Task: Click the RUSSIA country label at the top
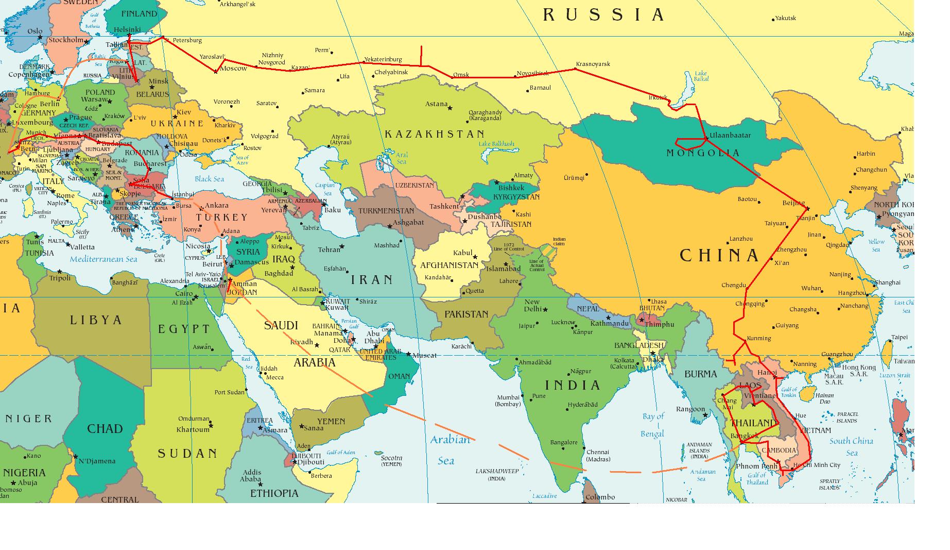point(603,15)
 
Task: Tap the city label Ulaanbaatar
point(730,136)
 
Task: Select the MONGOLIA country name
point(703,153)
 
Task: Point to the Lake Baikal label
point(701,76)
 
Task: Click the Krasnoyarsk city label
point(593,64)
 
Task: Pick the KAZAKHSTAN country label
point(435,134)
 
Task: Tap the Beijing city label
point(793,203)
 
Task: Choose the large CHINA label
point(719,255)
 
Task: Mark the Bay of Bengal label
point(653,425)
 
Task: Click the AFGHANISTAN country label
point(450,265)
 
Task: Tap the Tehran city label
point(329,249)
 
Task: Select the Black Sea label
point(209,179)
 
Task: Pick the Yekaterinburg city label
point(383,59)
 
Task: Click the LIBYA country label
point(96,320)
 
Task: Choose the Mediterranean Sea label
point(103,259)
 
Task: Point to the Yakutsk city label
point(786,18)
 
